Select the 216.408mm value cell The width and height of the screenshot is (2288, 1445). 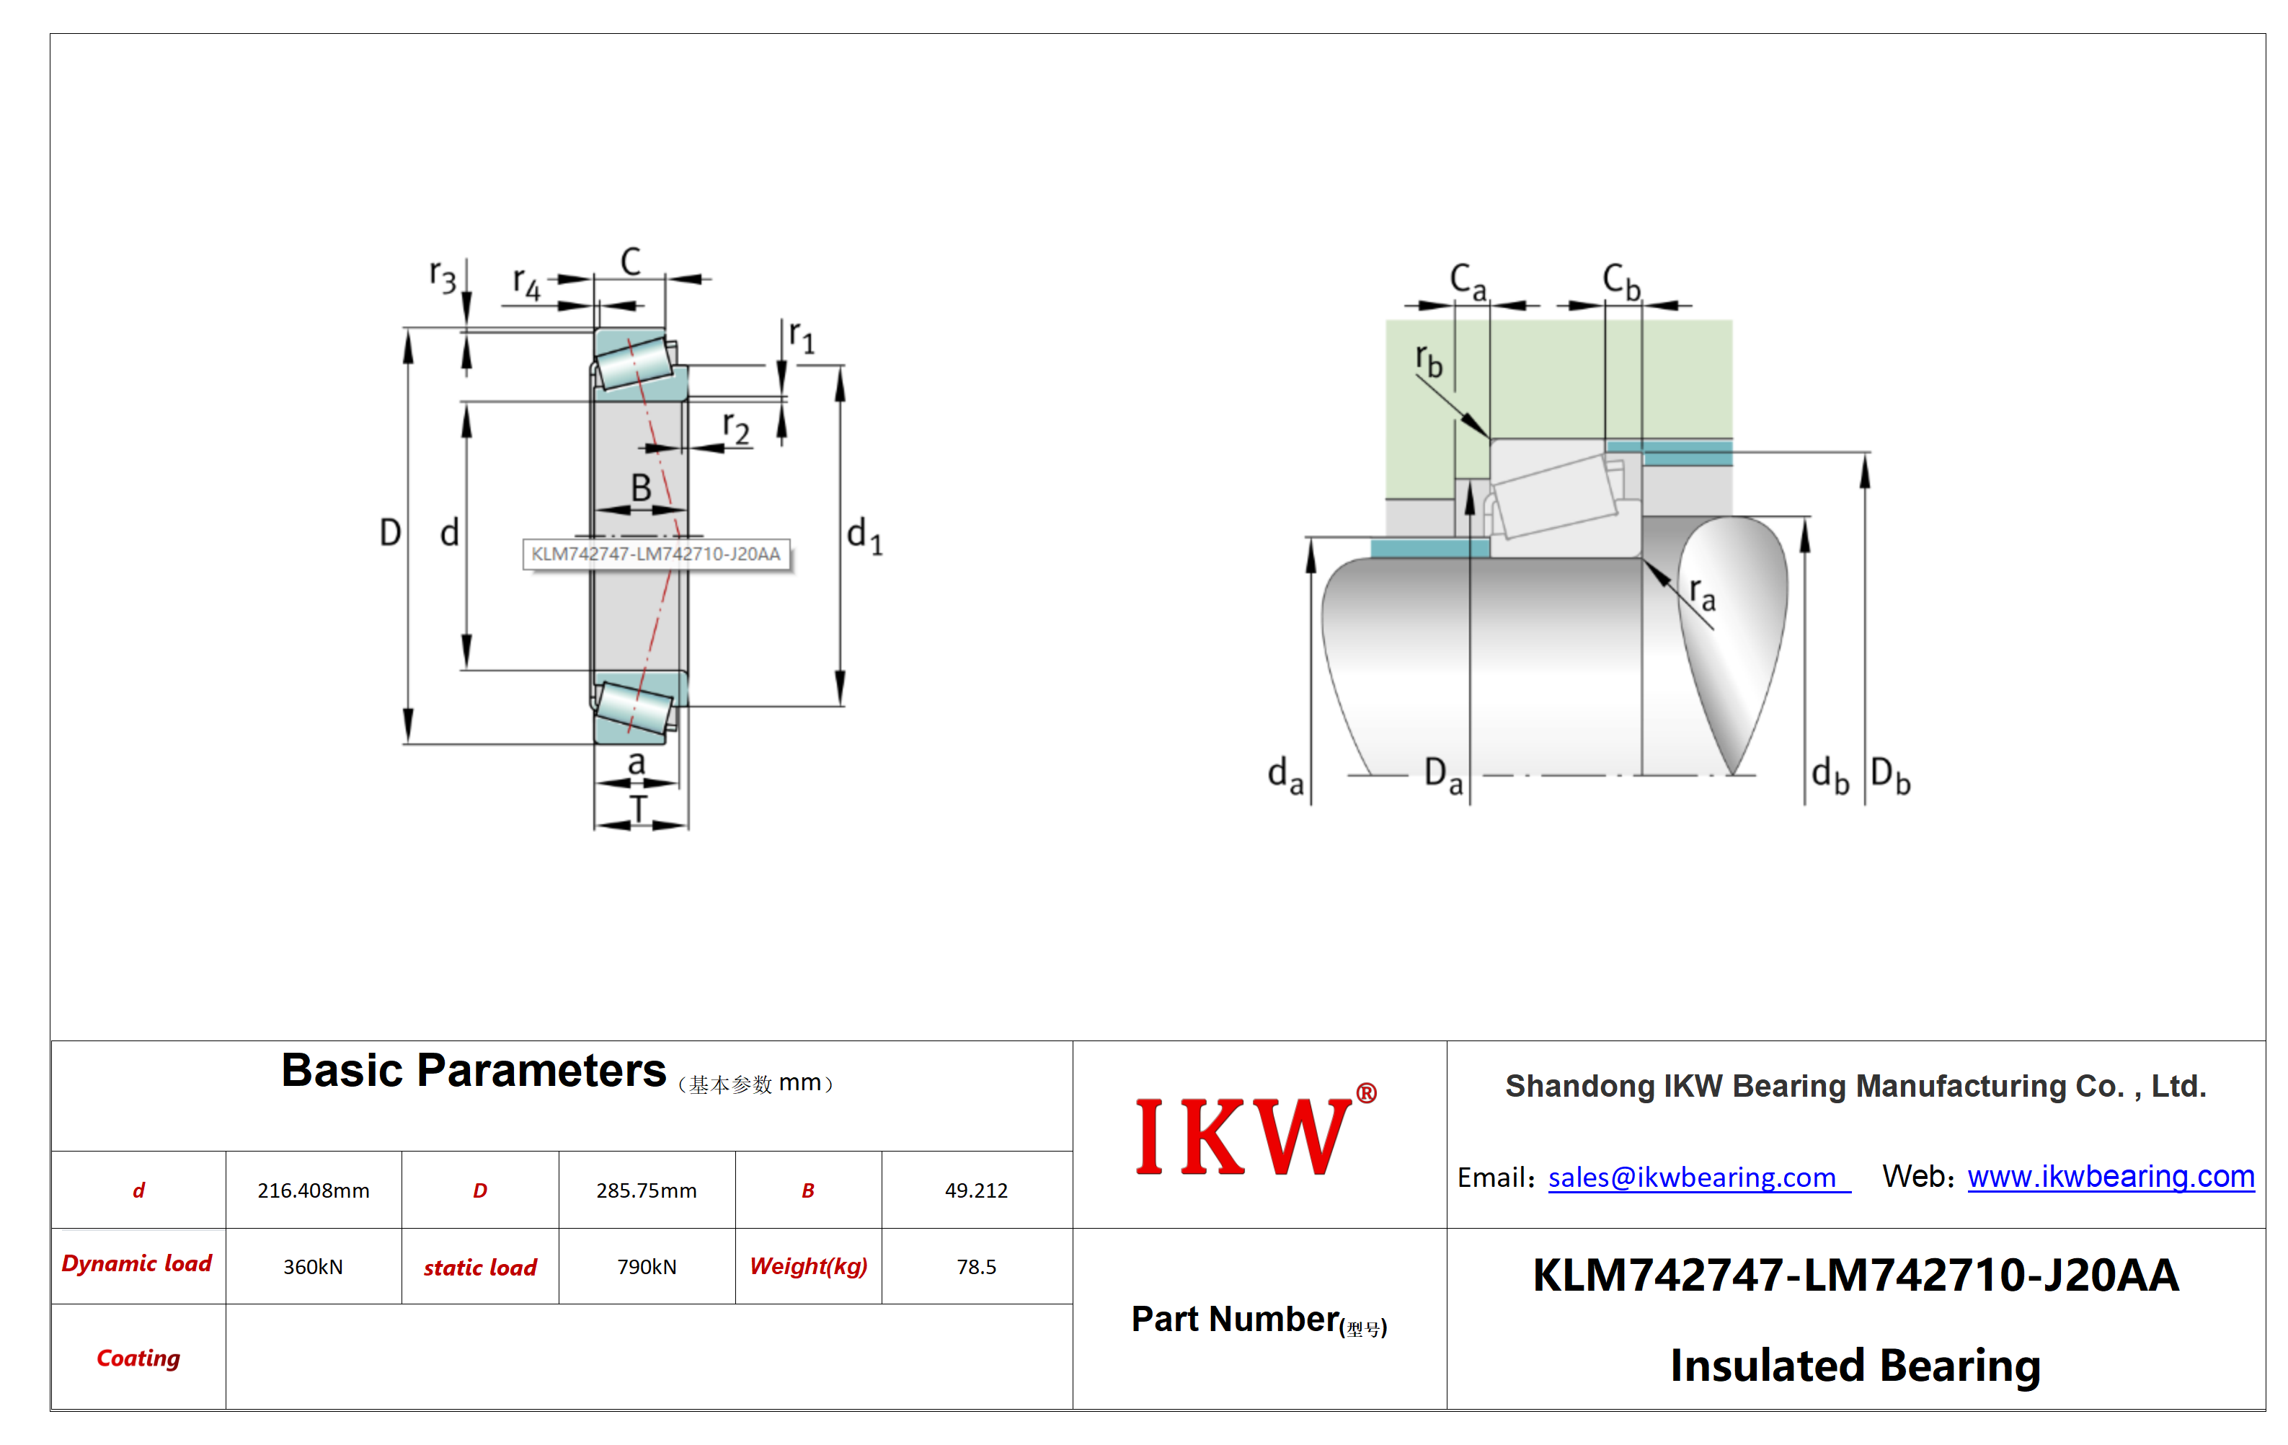(x=314, y=1190)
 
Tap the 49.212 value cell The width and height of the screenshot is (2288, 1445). (x=976, y=1190)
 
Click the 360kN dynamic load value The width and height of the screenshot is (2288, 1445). (x=314, y=1266)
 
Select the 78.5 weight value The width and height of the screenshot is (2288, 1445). (x=976, y=1266)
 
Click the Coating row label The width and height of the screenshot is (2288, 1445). (x=138, y=1358)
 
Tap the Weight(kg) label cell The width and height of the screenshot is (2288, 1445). (x=809, y=1266)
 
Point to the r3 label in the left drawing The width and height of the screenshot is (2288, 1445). (x=443, y=277)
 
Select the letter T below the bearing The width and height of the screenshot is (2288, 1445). (x=639, y=809)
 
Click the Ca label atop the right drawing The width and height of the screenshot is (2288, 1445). (x=1468, y=281)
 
